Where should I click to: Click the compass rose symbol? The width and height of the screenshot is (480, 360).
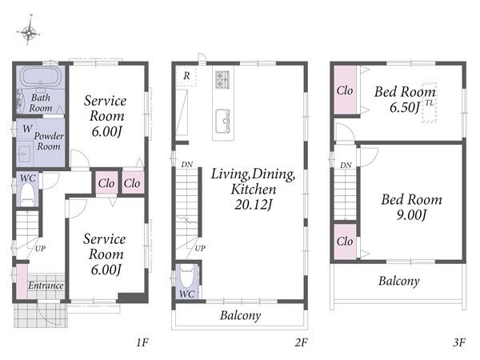pos(29,32)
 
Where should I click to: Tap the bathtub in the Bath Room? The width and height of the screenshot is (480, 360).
pos(41,76)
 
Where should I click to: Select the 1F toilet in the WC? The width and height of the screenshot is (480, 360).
pos(27,194)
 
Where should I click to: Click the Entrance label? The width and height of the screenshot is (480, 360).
pos(46,286)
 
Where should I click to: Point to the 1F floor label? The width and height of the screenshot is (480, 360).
pos(142,342)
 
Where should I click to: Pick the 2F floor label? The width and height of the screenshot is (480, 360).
pos(302,342)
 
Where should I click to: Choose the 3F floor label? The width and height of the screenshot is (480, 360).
pos(459,342)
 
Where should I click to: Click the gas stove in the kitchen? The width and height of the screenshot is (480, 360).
pos(222,79)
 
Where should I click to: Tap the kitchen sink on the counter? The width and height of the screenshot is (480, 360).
pos(222,121)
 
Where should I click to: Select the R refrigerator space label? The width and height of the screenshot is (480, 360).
pos(186,76)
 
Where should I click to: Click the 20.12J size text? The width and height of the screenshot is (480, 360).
pos(254,205)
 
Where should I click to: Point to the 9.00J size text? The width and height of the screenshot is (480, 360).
pos(411,215)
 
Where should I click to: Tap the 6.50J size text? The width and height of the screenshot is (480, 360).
pos(405,107)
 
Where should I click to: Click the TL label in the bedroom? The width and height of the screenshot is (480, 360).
pos(430,103)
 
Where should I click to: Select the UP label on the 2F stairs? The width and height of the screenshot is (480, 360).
pos(200,248)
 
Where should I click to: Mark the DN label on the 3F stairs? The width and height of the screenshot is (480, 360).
pos(346,166)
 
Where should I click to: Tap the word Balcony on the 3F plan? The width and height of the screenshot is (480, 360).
pos(399,281)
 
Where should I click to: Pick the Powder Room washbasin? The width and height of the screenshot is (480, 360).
pos(25,154)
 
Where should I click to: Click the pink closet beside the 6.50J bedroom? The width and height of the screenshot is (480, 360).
pos(345,90)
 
